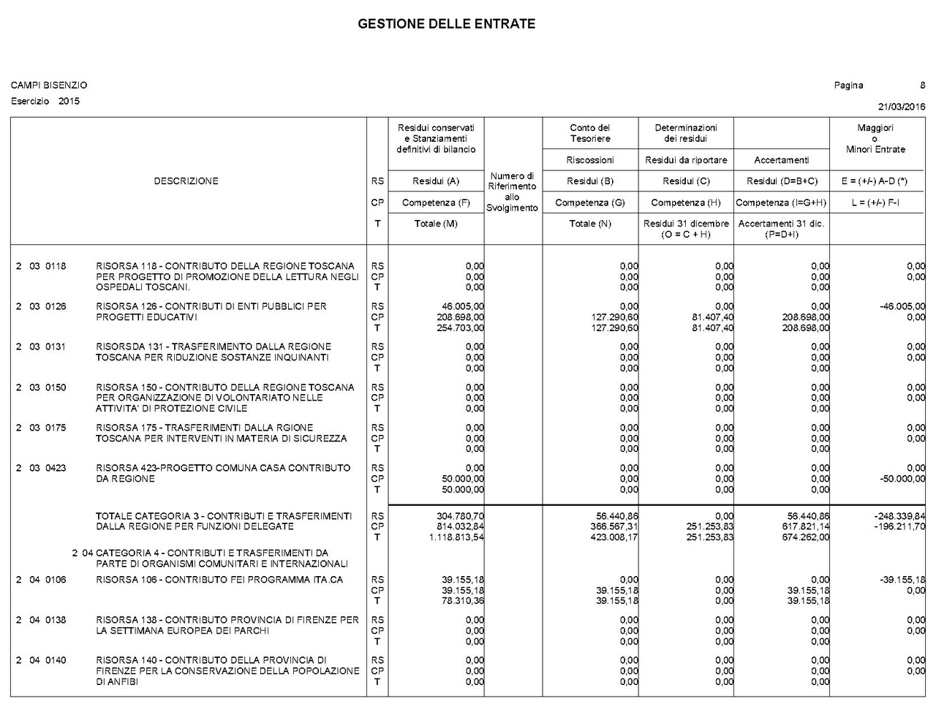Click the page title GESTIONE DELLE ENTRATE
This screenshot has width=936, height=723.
point(446,24)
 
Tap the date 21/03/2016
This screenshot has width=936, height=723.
point(902,107)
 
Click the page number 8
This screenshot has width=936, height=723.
point(922,86)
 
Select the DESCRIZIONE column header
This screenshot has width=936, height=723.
point(186,181)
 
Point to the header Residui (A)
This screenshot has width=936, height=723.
point(436,181)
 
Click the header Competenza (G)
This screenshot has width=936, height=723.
point(590,202)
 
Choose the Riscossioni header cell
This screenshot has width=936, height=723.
point(590,160)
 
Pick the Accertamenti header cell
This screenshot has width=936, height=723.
point(781,160)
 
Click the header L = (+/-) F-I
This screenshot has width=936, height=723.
point(877,202)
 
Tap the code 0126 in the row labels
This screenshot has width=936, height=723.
point(56,306)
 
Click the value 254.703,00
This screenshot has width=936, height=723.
point(460,328)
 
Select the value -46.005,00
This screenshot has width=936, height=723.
point(902,307)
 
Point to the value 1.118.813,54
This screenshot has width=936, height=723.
point(456,537)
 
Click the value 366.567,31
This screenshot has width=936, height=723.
point(614,526)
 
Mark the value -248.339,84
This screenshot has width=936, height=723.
point(899,516)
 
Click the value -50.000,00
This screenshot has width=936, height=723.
point(902,479)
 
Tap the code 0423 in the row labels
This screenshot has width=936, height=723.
point(56,468)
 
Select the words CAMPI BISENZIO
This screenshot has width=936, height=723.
point(49,86)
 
